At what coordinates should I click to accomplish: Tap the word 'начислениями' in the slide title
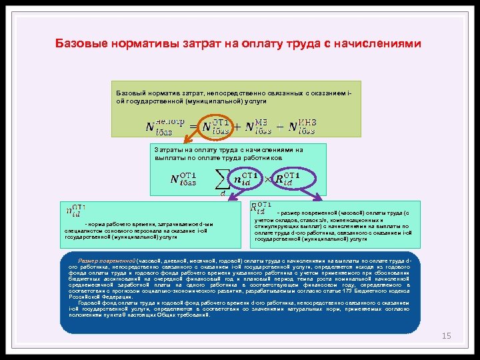[378, 45]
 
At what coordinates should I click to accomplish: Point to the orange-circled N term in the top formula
[215, 126]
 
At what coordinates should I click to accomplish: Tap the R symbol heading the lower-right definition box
[261, 209]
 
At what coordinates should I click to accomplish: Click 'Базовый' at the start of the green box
[130, 93]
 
